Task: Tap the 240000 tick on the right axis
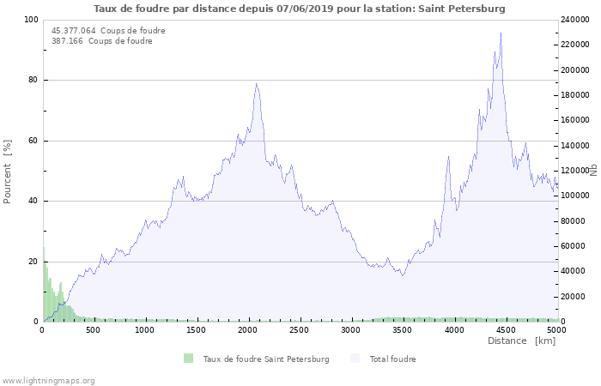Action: (x=575, y=20)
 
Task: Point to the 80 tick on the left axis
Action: (x=33, y=81)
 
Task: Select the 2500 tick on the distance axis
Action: (x=300, y=329)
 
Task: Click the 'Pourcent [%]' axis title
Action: (x=8, y=171)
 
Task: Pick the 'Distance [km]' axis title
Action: (x=521, y=341)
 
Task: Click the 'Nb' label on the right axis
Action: (x=592, y=171)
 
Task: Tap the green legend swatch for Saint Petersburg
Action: (x=188, y=359)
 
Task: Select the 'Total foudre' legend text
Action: (x=392, y=359)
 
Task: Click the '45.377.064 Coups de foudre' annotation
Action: (x=108, y=31)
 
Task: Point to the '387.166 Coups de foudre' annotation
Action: (x=102, y=41)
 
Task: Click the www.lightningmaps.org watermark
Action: (x=49, y=380)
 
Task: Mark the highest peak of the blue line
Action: (x=501, y=33)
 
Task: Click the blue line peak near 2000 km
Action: (x=256, y=84)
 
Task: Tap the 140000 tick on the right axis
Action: (x=575, y=146)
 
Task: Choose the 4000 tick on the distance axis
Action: (x=454, y=329)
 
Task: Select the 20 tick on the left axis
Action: (x=33, y=262)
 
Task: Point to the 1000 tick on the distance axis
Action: (x=144, y=329)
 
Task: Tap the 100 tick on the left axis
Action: (x=31, y=20)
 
